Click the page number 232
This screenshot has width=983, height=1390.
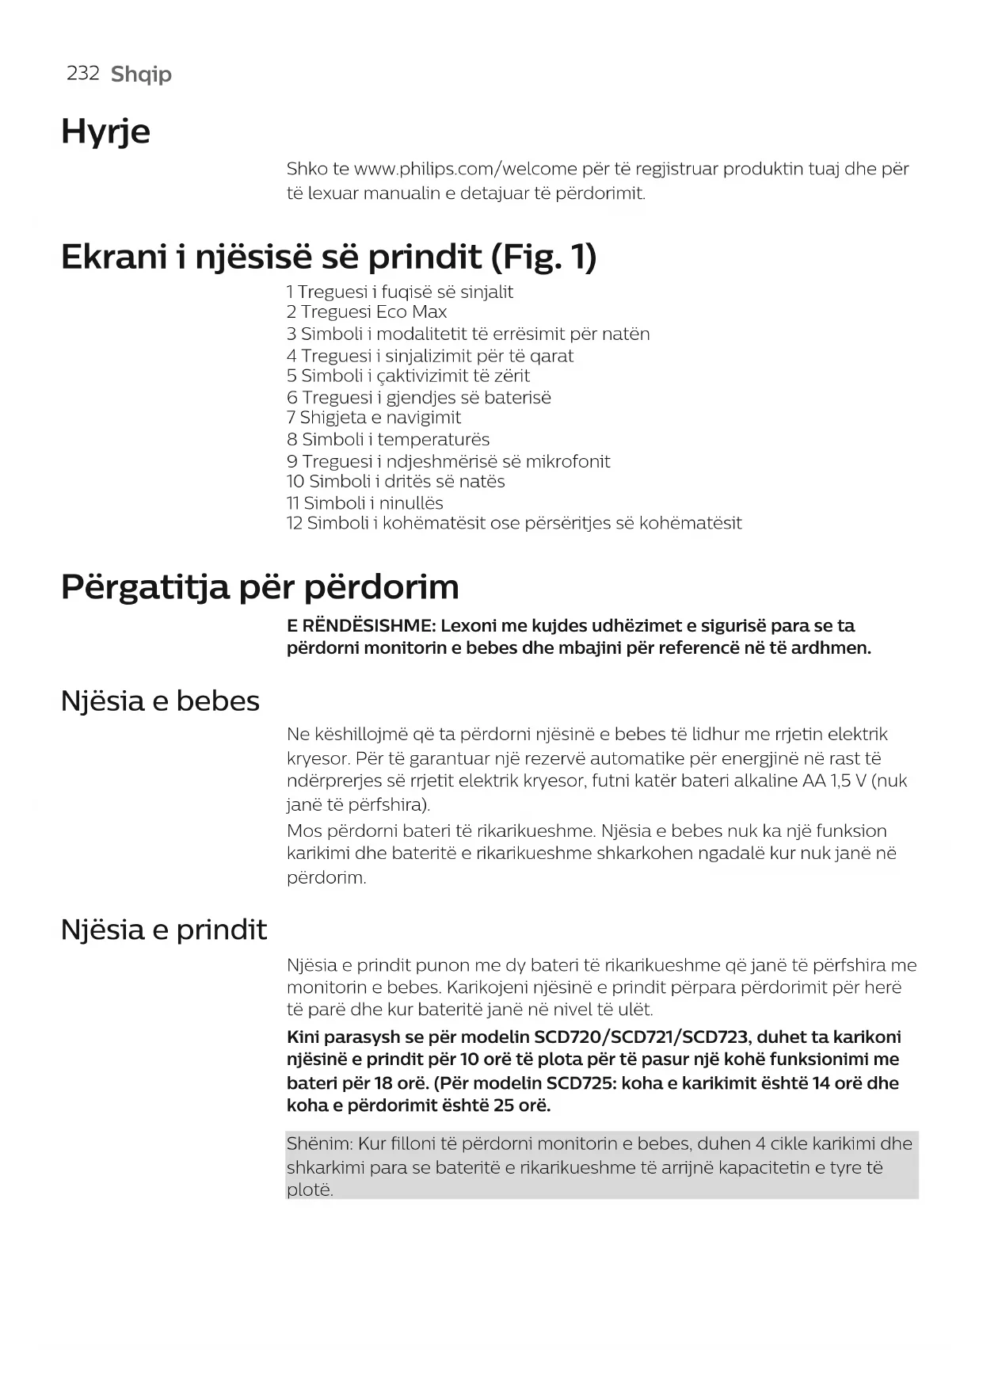(x=82, y=74)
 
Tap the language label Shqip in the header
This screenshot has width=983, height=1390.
(x=141, y=74)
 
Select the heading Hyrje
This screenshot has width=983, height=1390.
(x=105, y=132)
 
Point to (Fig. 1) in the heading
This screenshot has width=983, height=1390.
(x=543, y=257)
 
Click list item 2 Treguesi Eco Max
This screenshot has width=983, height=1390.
(x=366, y=312)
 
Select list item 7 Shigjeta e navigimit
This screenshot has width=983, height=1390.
(x=373, y=418)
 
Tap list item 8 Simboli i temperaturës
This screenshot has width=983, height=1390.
(x=387, y=439)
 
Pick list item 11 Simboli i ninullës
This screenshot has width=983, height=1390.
(x=364, y=502)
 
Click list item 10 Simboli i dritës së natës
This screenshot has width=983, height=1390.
(x=395, y=481)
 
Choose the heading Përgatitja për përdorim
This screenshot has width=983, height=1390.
(x=260, y=587)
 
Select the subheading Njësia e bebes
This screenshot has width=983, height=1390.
(x=160, y=701)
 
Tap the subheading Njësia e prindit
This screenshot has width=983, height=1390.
(x=164, y=930)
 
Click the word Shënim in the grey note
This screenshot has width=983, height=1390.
(x=318, y=1144)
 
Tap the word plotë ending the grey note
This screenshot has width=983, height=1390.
(x=309, y=1190)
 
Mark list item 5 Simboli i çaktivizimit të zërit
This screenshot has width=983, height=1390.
(x=408, y=376)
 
